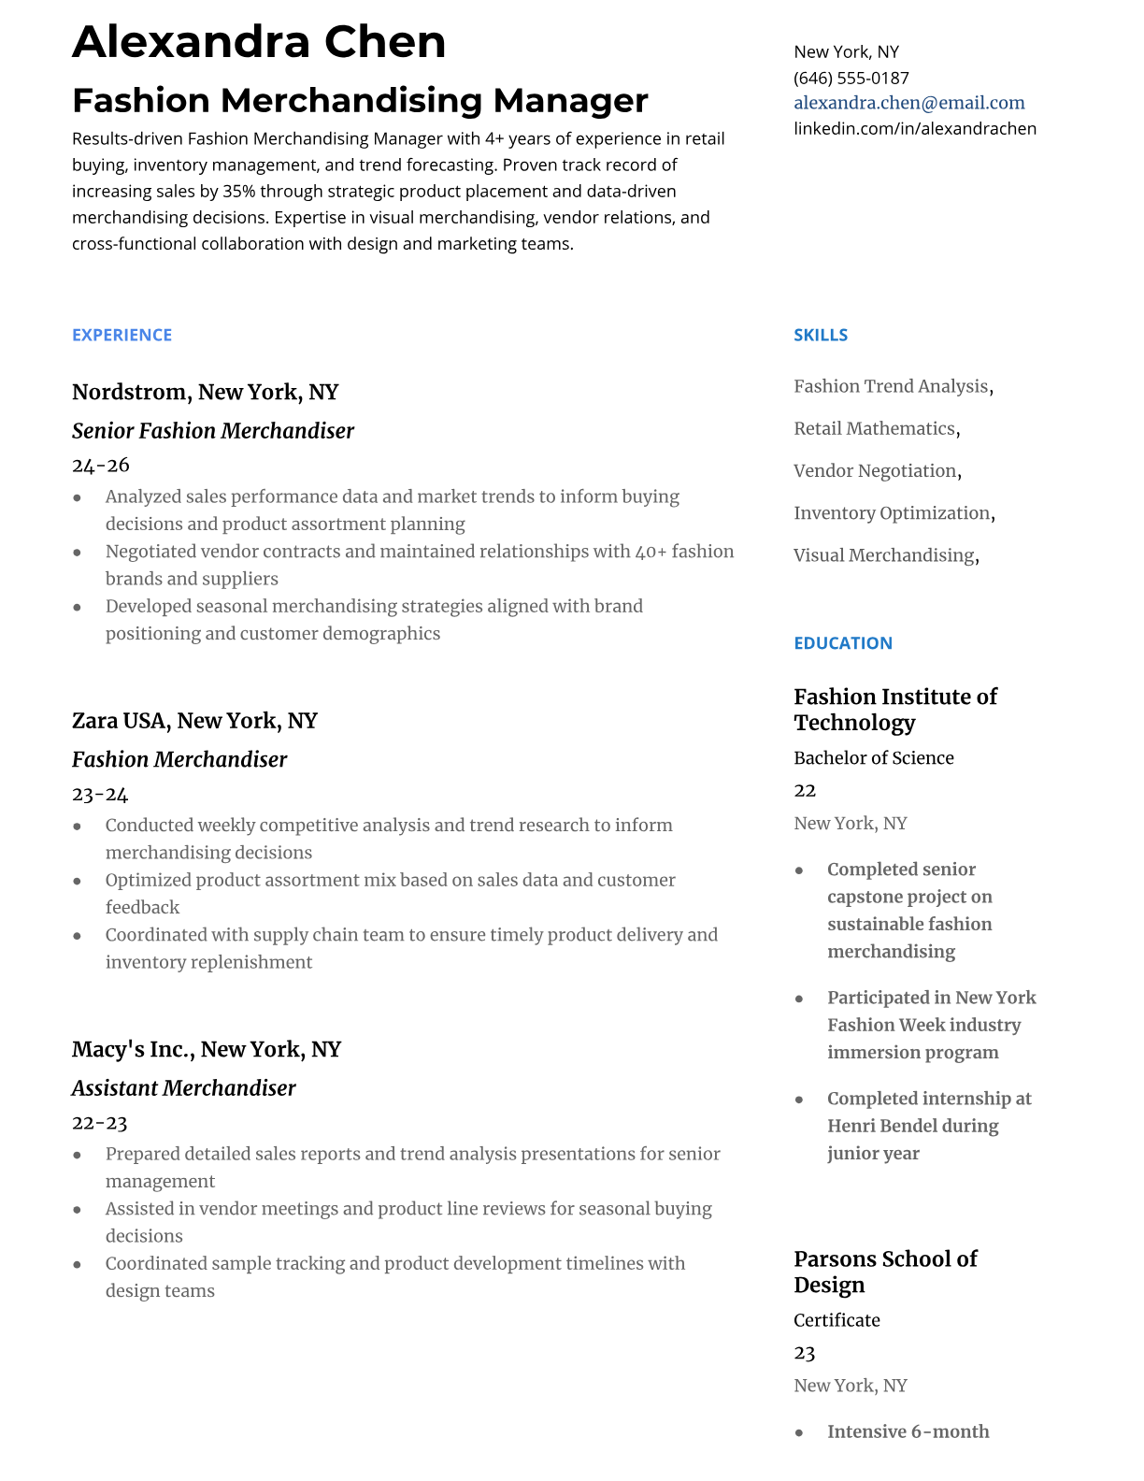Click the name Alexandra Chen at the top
(x=259, y=42)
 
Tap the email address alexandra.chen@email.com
(x=908, y=103)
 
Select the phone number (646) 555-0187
(x=851, y=78)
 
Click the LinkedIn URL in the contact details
(x=914, y=128)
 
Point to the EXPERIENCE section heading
(x=122, y=335)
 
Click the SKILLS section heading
(x=821, y=335)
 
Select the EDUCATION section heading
(x=842, y=642)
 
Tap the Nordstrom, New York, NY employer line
(x=205, y=392)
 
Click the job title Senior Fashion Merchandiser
(x=213, y=431)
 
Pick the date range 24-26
(x=100, y=465)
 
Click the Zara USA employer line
(x=194, y=721)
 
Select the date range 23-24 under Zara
(x=100, y=794)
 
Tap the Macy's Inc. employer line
(x=206, y=1049)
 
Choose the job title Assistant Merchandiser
(x=183, y=1088)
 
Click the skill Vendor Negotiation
(x=875, y=470)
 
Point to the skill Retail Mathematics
(x=874, y=428)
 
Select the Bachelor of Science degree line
(x=873, y=757)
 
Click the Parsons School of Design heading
(x=884, y=1271)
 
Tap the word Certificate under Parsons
(x=837, y=1319)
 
